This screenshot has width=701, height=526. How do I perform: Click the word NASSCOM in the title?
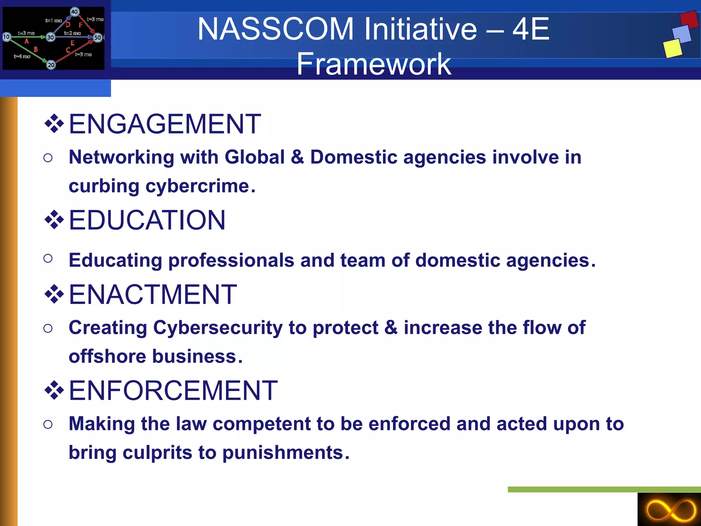[x=276, y=29]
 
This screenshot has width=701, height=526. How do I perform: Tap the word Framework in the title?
[x=374, y=64]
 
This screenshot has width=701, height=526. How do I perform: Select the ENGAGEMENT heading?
[x=165, y=124]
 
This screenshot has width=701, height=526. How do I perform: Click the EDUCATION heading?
[x=147, y=220]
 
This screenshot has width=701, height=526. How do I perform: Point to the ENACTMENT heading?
[x=153, y=295]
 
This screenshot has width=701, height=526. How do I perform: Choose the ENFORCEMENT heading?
[x=173, y=390]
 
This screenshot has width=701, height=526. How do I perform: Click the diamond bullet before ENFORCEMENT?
[x=54, y=390]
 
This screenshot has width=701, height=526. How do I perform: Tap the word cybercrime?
[x=197, y=186]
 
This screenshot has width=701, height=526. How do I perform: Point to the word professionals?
[x=231, y=260]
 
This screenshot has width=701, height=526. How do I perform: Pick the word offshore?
[x=107, y=356]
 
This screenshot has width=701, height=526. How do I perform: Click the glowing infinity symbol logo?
[x=670, y=510]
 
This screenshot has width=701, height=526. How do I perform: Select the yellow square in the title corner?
[x=673, y=48]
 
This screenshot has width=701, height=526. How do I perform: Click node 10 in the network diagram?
[x=6, y=37]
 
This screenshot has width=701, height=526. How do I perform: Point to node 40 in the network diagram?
[x=74, y=12]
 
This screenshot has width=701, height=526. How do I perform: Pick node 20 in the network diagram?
[x=51, y=65]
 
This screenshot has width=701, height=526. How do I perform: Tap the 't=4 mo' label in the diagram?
[x=22, y=56]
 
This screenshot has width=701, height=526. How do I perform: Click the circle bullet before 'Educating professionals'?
[x=48, y=258]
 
